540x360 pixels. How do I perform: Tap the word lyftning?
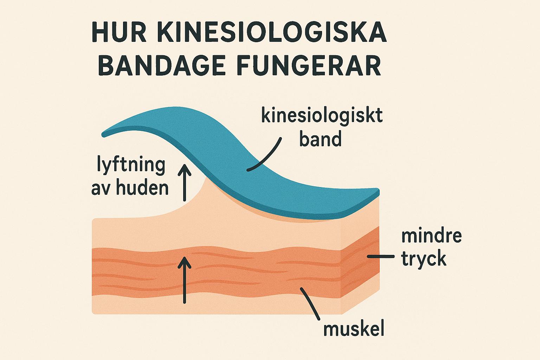point(131,165)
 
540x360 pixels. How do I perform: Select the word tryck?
point(424,259)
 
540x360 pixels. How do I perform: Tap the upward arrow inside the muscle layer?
point(184,279)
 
